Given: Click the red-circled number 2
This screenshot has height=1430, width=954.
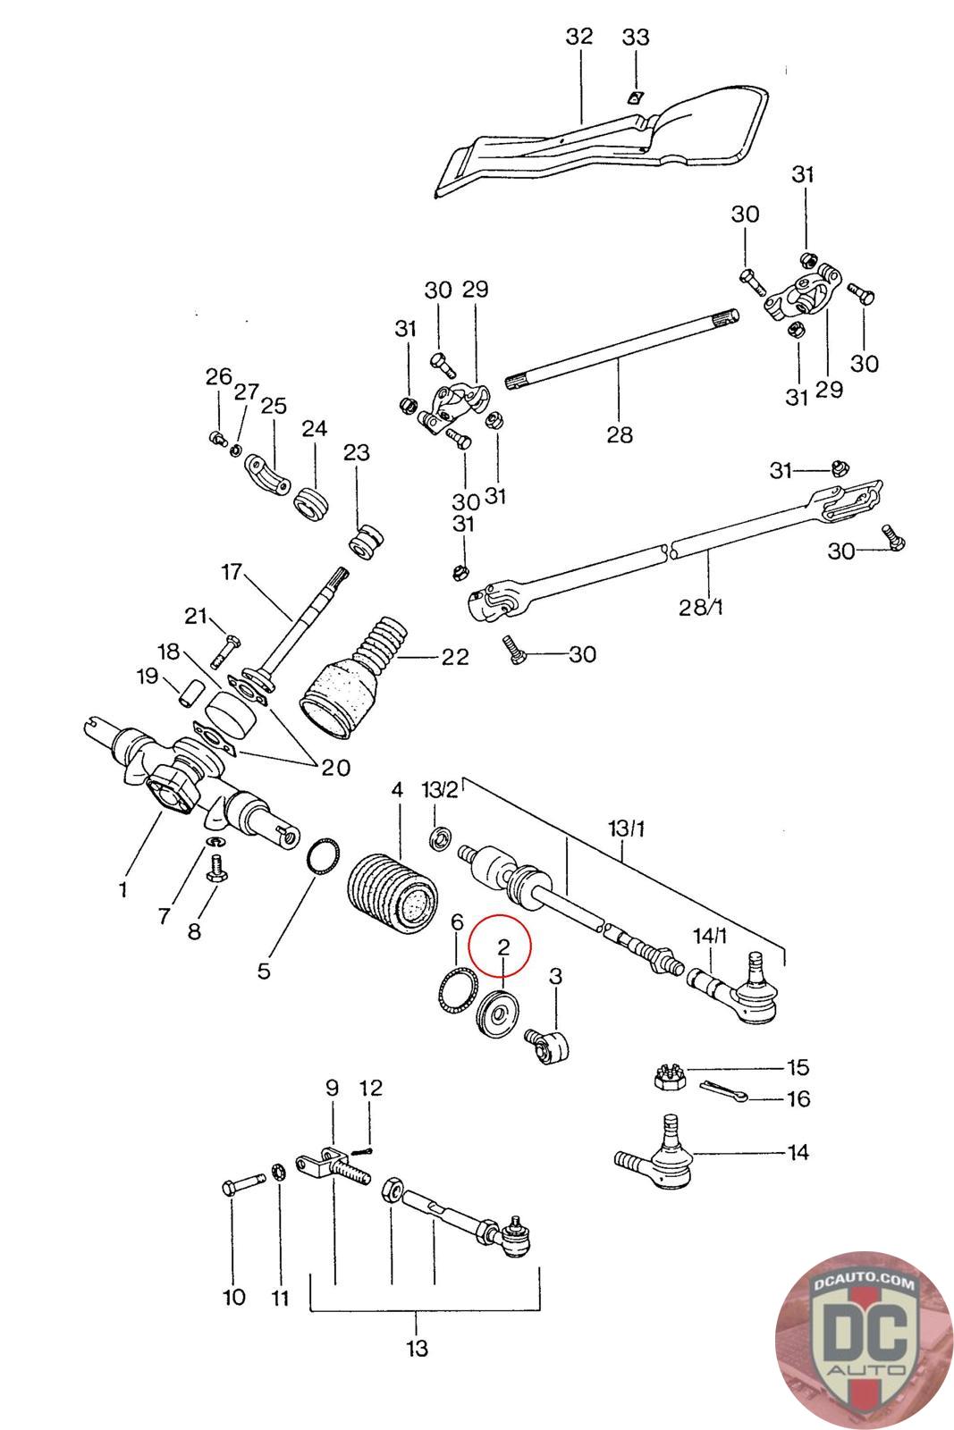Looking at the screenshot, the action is (x=503, y=946).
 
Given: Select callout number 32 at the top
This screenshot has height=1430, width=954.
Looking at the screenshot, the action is (x=579, y=37).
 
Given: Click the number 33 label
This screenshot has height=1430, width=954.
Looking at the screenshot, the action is (x=636, y=37).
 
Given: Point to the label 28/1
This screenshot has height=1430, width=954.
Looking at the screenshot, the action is (x=700, y=607).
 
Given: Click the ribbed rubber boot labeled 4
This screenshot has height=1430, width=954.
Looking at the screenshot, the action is (x=393, y=894).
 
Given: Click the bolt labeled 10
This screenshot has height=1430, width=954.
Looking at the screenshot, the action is (x=244, y=1181).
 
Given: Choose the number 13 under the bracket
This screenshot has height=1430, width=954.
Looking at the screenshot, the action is (x=417, y=1349).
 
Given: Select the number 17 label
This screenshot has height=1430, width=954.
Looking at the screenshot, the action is (x=232, y=571).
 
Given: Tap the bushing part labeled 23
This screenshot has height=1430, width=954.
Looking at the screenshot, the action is (x=366, y=542).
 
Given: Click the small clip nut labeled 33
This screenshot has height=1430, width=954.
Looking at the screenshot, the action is (x=633, y=97).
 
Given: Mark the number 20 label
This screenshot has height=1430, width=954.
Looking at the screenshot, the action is (x=335, y=767).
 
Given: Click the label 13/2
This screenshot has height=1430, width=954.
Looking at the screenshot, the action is (x=440, y=790).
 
